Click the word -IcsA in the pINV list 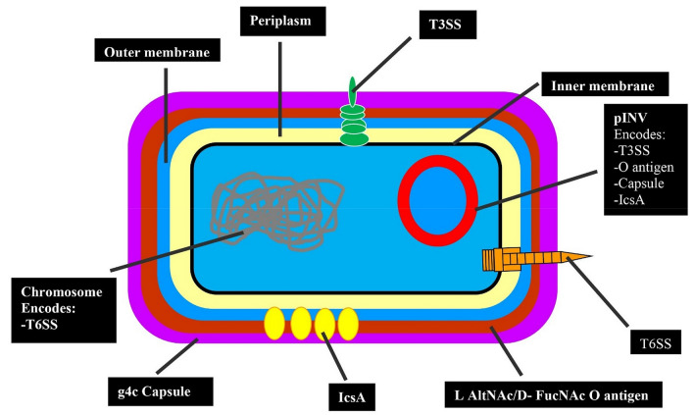pyautogui.click(x=631, y=205)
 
